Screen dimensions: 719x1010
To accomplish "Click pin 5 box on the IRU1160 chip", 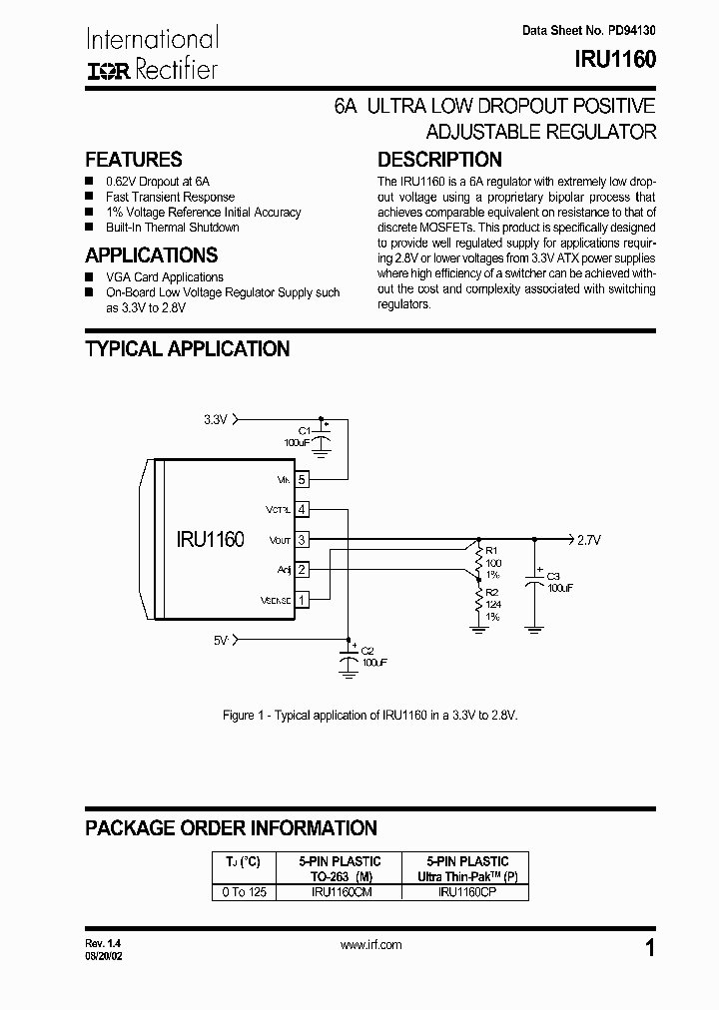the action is click(x=302, y=480).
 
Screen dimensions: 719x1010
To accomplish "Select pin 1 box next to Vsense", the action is click(x=302, y=599).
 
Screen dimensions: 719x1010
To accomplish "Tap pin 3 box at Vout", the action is click(x=302, y=539).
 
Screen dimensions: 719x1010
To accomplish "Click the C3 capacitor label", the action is click(x=553, y=577).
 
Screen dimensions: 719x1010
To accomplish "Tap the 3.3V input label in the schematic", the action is click(x=216, y=420).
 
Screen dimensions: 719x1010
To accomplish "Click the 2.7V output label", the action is click(x=589, y=539).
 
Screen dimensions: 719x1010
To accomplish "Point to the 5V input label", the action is click(x=221, y=639).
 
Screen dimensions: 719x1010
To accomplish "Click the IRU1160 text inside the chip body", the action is click(x=210, y=539).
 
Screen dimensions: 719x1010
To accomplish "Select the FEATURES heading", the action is click(x=134, y=160).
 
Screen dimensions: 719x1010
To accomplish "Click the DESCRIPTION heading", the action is click(x=439, y=160).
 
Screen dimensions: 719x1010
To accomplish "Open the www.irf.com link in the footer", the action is click(x=371, y=944).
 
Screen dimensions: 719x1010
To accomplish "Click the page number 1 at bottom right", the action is click(x=650, y=949).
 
